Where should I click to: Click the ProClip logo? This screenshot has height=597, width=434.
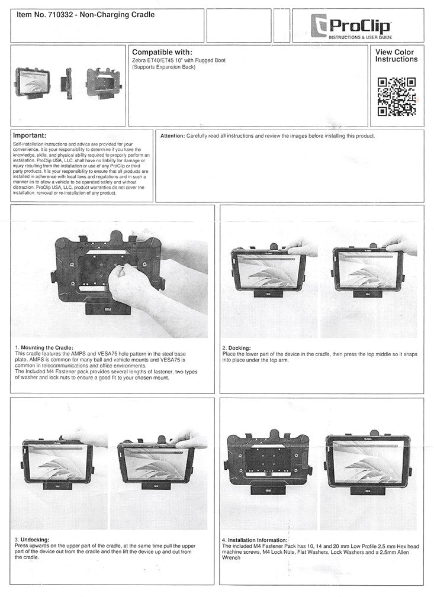tap(351, 26)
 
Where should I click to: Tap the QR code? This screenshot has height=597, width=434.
tap(396, 96)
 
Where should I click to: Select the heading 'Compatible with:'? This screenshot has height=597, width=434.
tap(162, 52)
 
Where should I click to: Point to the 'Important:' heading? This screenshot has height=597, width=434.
tap(30, 135)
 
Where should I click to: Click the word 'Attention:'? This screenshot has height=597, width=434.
tap(172, 136)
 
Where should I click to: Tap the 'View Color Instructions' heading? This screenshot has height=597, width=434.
tap(396, 56)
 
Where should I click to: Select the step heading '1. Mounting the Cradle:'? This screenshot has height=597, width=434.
tap(44, 348)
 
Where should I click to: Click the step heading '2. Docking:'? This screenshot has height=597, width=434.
tap(236, 348)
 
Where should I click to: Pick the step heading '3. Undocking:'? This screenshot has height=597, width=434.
tap(32, 540)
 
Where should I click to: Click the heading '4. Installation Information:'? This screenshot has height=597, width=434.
tap(255, 540)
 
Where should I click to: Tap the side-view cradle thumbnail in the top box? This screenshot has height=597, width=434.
tap(68, 83)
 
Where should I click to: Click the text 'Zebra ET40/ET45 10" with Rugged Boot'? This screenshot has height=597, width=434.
tap(179, 60)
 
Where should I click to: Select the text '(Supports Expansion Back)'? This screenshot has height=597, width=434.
tap(163, 67)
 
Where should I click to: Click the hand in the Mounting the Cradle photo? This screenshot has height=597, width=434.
tap(130, 283)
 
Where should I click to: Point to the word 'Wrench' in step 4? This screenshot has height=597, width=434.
tap(232, 558)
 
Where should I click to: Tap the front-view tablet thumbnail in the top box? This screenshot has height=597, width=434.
tap(33, 83)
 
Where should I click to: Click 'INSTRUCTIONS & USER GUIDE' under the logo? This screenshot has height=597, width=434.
tap(360, 37)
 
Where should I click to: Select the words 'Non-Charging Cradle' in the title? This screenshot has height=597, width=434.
tap(117, 15)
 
